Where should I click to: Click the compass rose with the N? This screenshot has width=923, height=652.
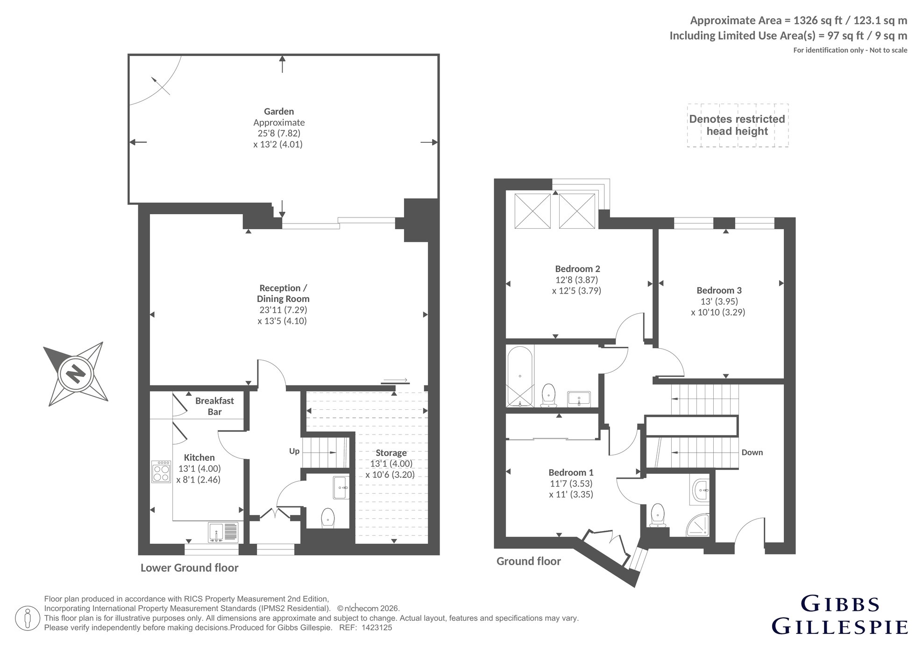tap(76, 374)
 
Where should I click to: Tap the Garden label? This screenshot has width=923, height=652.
tap(279, 112)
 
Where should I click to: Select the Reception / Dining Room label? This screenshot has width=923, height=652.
tap(283, 293)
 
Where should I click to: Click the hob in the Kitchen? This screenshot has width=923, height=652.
tap(161, 471)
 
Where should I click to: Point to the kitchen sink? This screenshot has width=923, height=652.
tap(223, 532)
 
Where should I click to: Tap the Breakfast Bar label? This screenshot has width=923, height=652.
tap(215, 406)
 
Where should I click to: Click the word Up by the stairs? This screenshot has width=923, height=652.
tap(294, 451)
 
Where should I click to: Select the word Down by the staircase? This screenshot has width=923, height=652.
tap(752, 452)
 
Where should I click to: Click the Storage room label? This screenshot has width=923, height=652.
tap(391, 453)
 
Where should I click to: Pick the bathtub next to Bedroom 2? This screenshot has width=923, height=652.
tap(519, 376)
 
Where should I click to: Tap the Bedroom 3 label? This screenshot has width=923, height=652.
tap(718, 290)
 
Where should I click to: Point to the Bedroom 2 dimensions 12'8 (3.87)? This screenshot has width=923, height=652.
tap(577, 280)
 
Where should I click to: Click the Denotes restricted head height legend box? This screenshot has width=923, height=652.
tap(738, 126)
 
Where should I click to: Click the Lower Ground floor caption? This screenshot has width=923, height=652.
tap(190, 568)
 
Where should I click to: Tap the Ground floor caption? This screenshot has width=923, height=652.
tap(529, 561)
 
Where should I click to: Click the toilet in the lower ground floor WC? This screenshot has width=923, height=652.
tap(328, 518)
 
